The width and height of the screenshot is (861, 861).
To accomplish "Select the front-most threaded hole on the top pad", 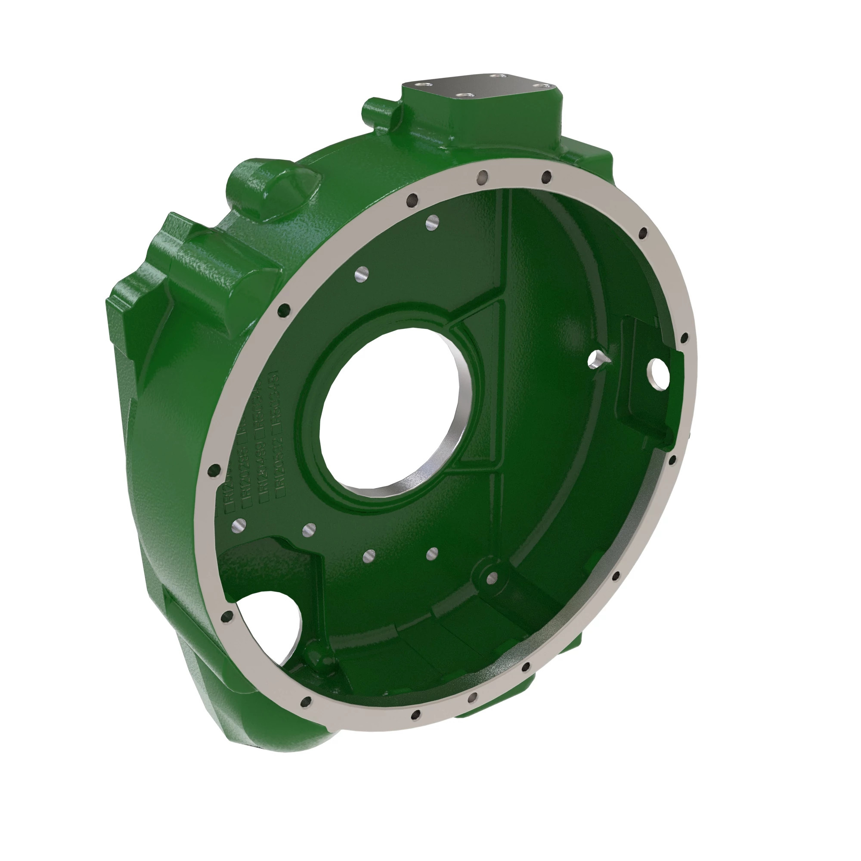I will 464,96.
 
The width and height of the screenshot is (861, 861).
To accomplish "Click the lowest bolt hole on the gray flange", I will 416,715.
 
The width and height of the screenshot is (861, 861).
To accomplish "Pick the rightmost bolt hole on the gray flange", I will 684,337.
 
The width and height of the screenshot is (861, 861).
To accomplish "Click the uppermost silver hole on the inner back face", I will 431,221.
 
